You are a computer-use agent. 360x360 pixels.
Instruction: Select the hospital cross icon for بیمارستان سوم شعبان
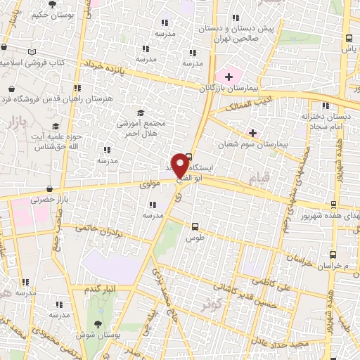pyautogui.click(x=252, y=132)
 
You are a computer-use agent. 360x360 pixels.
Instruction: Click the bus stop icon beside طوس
pyautogui.click(x=195, y=226)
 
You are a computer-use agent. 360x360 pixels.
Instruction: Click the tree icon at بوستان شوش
pyautogui.click(x=96, y=323)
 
